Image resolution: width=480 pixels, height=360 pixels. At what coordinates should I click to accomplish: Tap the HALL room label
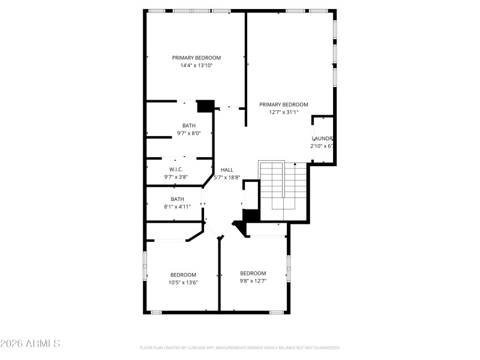click(227, 170)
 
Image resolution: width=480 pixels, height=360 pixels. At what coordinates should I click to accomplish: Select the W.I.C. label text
click(176, 169)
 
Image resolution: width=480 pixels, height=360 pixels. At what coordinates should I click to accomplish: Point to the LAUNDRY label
click(322, 139)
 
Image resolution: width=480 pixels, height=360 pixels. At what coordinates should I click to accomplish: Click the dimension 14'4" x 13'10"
click(196, 65)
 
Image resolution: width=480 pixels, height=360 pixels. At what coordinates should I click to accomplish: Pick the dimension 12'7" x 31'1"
click(283, 112)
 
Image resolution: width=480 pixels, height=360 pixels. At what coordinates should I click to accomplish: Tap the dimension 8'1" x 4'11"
click(177, 206)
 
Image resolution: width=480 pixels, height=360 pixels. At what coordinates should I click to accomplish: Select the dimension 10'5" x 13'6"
click(183, 282)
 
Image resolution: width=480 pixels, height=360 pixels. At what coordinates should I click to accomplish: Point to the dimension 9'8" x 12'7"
click(253, 280)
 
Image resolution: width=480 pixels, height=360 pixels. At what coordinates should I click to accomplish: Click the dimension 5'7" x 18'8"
click(227, 177)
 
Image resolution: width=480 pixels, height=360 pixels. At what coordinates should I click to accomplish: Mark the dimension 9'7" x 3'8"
click(176, 177)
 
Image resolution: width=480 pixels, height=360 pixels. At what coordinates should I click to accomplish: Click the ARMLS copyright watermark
click(30, 344)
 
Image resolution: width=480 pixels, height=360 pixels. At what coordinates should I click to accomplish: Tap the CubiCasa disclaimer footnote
click(240, 347)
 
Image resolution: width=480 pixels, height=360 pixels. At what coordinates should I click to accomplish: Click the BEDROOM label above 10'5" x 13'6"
click(183, 275)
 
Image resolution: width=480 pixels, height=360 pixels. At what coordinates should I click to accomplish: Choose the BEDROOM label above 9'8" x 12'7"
click(253, 273)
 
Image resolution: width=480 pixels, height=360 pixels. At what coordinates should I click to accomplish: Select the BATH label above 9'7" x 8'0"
click(189, 125)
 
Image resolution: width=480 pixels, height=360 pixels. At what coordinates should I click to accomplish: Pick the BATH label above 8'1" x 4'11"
click(177, 199)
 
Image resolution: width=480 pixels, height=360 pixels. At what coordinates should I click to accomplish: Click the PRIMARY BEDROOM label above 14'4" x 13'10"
click(196, 58)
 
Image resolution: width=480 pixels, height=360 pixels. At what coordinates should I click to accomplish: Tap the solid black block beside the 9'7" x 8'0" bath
click(205, 106)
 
